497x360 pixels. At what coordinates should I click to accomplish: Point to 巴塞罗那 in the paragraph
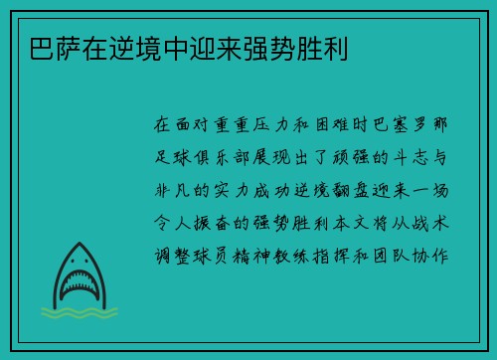(x=424, y=127)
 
